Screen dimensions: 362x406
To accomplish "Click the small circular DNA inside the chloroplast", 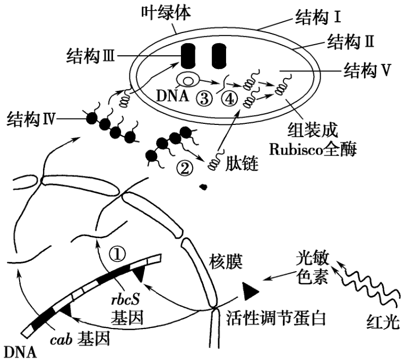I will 188,80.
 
